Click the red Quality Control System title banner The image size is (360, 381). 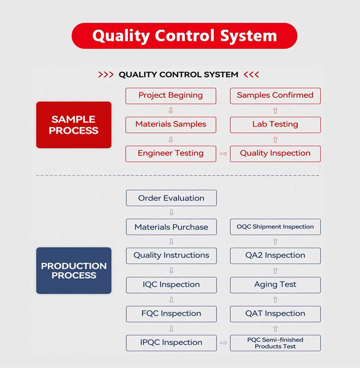pyautogui.click(x=184, y=36)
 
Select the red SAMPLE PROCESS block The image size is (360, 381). pyautogui.click(x=74, y=125)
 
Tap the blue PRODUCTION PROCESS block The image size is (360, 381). pyautogui.click(x=74, y=270)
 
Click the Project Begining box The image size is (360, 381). pyautogui.click(x=171, y=96)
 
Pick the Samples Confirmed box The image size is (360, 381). pyautogui.click(x=275, y=96)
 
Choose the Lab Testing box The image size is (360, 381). pyautogui.click(x=275, y=125)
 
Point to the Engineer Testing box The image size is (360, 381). pyautogui.click(x=171, y=154)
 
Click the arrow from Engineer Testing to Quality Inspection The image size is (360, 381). pyautogui.click(x=223, y=154)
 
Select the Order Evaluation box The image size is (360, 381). pyautogui.click(x=171, y=198)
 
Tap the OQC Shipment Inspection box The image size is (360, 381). pyautogui.click(x=275, y=227)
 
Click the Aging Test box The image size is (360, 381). pyautogui.click(x=275, y=285)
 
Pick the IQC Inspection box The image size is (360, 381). pyautogui.click(x=171, y=285)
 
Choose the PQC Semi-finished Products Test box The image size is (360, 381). pyautogui.click(x=275, y=343)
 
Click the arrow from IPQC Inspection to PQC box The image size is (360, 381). pyautogui.click(x=223, y=343)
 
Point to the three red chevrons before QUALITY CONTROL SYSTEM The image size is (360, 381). pyautogui.click(x=106, y=75)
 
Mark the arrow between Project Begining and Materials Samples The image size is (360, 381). pyautogui.click(x=171, y=111)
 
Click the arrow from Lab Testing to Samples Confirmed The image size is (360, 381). pyautogui.click(x=275, y=111)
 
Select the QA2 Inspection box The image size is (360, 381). pyautogui.click(x=275, y=256)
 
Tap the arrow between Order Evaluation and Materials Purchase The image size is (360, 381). pyautogui.click(x=171, y=212)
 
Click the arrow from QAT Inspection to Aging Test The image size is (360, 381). pyautogui.click(x=275, y=300)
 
